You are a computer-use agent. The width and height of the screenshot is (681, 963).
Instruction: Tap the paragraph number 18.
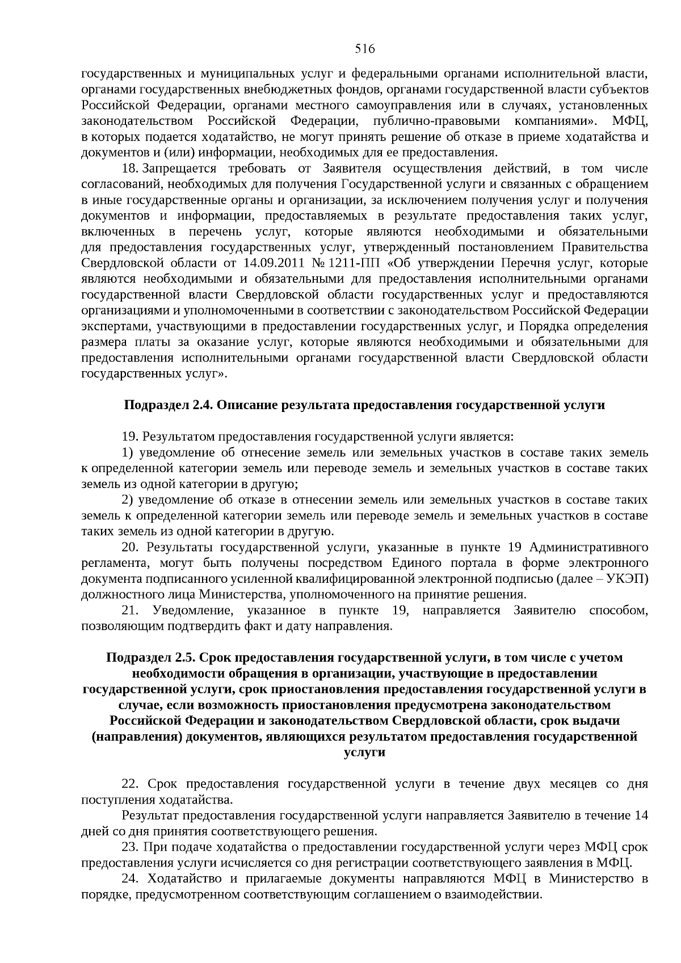130,169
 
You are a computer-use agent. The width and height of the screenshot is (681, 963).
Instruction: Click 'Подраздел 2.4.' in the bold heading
169,405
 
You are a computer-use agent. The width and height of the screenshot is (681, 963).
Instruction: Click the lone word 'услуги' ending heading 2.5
365,752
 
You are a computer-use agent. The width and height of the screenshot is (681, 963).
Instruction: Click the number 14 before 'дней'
641,816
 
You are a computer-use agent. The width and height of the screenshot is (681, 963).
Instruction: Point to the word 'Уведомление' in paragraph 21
193,611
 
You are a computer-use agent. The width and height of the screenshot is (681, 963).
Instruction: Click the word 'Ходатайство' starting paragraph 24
183,879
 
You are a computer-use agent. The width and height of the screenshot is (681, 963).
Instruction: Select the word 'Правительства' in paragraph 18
604,247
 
